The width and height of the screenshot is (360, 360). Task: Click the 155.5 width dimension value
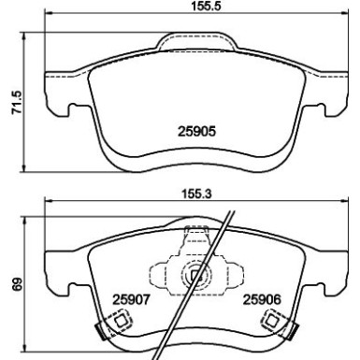(206, 6)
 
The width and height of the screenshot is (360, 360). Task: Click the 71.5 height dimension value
(17, 102)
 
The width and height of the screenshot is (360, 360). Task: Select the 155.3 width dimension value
(196, 194)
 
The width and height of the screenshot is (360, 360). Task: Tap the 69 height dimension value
(18, 284)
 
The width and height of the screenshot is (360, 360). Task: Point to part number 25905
(196, 131)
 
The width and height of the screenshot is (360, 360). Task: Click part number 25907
(131, 300)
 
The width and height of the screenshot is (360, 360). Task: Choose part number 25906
(262, 300)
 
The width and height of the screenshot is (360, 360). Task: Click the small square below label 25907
(121, 321)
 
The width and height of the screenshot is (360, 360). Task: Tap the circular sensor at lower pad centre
(196, 275)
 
